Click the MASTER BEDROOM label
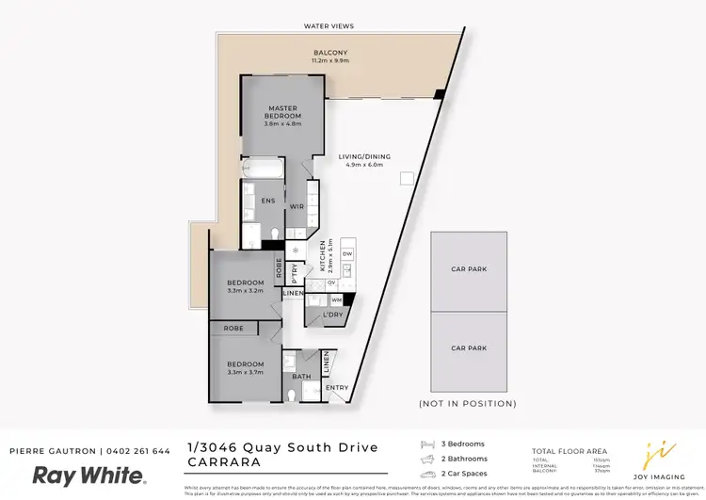pyautogui.click(x=282, y=112)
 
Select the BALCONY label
pyautogui.click(x=330, y=53)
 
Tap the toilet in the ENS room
pyautogui.click(x=274, y=234)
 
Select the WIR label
pyautogui.click(x=295, y=206)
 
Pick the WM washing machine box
pyautogui.click(x=336, y=299)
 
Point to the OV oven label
pyautogui.click(x=332, y=282)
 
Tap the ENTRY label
pyautogui.click(x=336, y=387)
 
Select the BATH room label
pyautogui.click(x=301, y=378)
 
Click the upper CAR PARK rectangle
pyautogui.click(x=468, y=270)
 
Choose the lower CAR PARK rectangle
pyautogui.click(x=468, y=348)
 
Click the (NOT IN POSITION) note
pyautogui.click(x=467, y=403)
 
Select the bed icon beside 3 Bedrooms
pyautogui.click(x=428, y=444)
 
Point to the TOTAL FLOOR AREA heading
pyautogui.click(x=569, y=452)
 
